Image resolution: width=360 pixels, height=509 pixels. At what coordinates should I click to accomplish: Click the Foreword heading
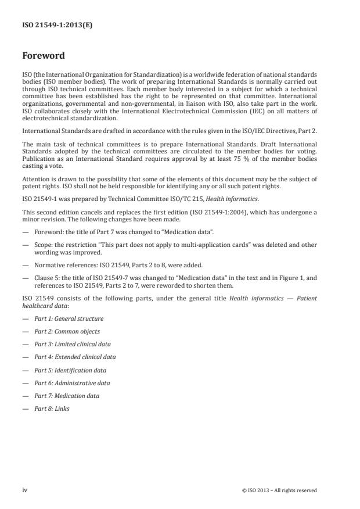click(44, 56)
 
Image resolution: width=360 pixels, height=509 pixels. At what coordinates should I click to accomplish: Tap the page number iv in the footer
click(25, 490)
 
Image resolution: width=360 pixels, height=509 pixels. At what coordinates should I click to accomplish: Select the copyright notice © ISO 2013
click(279, 490)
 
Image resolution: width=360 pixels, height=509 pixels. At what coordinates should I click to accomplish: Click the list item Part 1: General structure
click(69, 318)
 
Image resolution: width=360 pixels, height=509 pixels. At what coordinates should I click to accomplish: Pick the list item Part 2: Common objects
click(67, 331)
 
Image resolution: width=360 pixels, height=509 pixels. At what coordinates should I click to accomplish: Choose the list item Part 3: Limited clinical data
click(72, 344)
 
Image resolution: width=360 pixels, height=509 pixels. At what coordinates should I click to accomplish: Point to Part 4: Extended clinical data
click(74, 357)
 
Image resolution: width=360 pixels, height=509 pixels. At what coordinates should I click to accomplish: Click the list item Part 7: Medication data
click(66, 396)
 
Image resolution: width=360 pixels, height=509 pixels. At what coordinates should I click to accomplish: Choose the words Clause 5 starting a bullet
click(45, 276)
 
